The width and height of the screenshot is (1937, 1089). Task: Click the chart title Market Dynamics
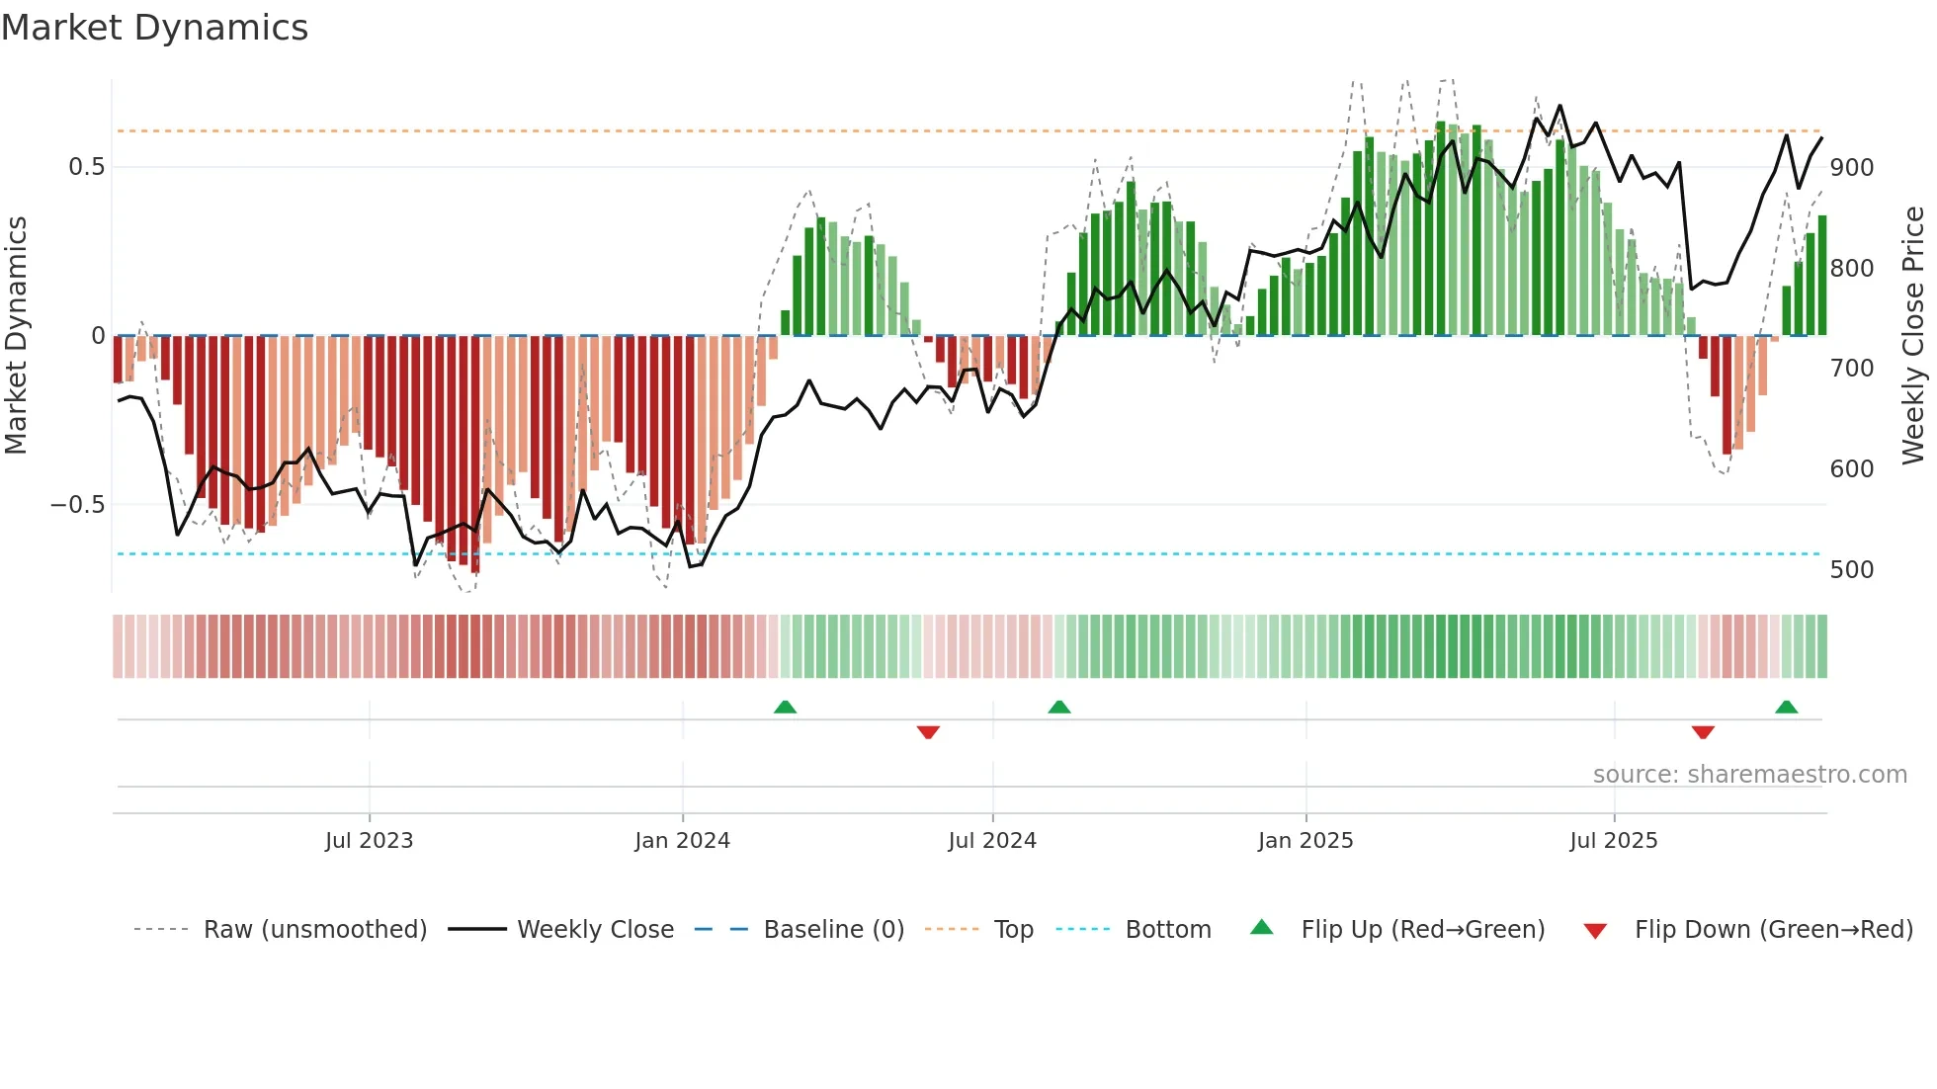154,28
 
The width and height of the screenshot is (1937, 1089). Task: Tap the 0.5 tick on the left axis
87,167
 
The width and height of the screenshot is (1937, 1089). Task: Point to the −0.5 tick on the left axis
78,505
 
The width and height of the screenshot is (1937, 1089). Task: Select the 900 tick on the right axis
1852,168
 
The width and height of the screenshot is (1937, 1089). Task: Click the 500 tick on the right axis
1852,570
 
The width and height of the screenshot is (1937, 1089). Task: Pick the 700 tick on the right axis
1852,369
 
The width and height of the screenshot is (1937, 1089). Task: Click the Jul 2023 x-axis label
369,841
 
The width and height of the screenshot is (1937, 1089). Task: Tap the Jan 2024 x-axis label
682,841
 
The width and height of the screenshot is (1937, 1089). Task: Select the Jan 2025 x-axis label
1305,841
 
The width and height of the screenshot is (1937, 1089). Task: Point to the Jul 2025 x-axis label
1614,841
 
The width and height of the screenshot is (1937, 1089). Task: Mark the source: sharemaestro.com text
1749,775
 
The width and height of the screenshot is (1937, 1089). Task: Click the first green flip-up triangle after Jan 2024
785,708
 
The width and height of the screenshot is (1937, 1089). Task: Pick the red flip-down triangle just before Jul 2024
928,732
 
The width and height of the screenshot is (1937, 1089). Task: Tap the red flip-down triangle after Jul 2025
1703,732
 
